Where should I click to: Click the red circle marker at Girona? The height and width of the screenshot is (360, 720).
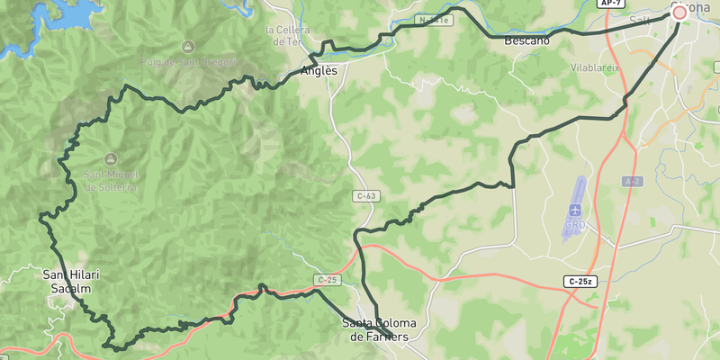coord(679,13)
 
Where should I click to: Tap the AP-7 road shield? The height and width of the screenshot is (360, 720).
coord(611,4)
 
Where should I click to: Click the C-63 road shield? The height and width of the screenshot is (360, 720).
coord(366,195)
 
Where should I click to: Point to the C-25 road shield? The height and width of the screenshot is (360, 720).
coord(327,280)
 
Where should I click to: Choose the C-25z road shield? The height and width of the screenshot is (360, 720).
coord(580,282)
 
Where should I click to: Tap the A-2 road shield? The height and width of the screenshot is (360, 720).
coord(632,182)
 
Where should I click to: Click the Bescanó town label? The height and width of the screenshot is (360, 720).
coord(526,41)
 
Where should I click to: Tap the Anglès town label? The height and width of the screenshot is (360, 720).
coord(319,71)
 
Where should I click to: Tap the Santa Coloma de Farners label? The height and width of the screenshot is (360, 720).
coord(377,330)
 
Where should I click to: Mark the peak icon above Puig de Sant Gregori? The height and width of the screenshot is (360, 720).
coord(187,46)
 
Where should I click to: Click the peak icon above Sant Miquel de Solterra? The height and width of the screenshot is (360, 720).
coord(111,158)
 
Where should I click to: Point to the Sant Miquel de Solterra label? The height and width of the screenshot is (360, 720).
coord(111,181)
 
